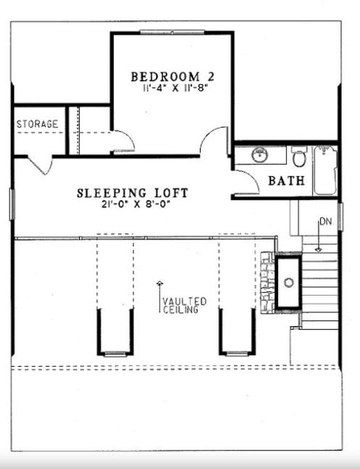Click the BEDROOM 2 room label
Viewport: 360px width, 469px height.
172,76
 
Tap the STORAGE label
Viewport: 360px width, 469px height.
37,124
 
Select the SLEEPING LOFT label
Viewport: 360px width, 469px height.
132,193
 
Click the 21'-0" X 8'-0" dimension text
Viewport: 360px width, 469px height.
132,204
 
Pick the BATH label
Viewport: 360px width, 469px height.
286,181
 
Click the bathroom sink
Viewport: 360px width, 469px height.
259,154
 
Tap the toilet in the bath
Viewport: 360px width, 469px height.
299,157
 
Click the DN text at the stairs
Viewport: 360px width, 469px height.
325,222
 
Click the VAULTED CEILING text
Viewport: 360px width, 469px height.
183,305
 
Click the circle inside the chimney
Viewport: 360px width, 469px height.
289,282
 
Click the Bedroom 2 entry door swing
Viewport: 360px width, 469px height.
214,141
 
